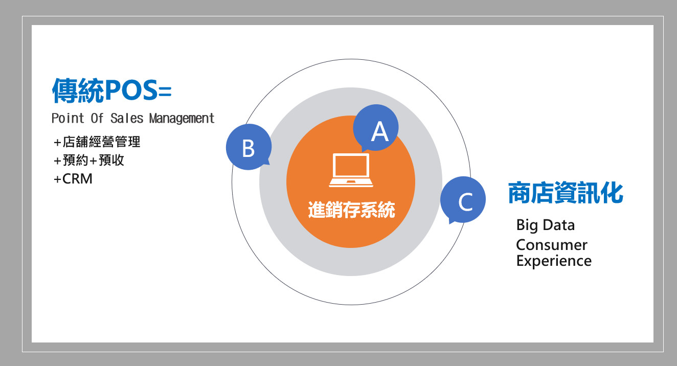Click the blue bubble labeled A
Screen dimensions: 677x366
pyautogui.click(x=376, y=128)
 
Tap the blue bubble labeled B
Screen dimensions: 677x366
pyautogui.click(x=249, y=147)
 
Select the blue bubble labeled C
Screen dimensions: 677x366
pyautogui.click(x=463, y=200)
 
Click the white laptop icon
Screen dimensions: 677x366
pyautogui.click(x=351, y=170)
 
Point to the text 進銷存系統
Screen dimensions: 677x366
pyautogui.click(x=351, y=210)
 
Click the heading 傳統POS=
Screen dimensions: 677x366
pyautogui.click(x=112, y=90)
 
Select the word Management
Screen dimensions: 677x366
pyautogui.click(x=182, y=118)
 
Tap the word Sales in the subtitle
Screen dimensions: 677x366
pyautogui.click(x=127, y=118)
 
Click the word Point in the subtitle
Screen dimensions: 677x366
pyautogui.click(x=67, y=118)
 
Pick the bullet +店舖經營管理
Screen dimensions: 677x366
pyautogui.click(x=97, y=142)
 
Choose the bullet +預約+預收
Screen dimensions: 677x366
pyautogui.click(x=89, y=160)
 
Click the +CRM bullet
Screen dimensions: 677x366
pyautogui.click(x=73, y=178)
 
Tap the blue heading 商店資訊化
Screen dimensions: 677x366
pyautogui.click(x=566, y=193)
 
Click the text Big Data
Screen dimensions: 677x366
pyautogui.click(x=545, y=225)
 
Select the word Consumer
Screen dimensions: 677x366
pyautogui.click(x=552, y=245)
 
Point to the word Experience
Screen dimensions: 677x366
pyautogui.click(x=554, y=261)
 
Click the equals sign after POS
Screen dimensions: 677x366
pyautogui.click(x=165, y=91)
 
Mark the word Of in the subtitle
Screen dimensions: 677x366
pyautogui.click(x=97, y=118)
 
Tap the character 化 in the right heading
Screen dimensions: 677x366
pyautogui.click(x=612, y=193)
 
